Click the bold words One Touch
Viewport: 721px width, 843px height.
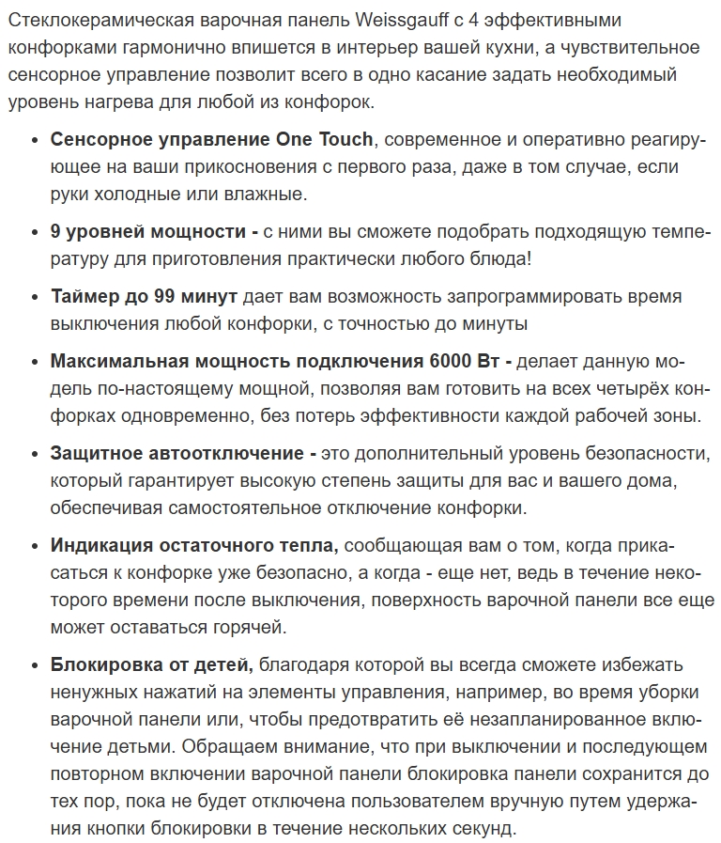click(324, 140)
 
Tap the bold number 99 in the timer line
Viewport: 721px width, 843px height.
click(166, 296)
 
